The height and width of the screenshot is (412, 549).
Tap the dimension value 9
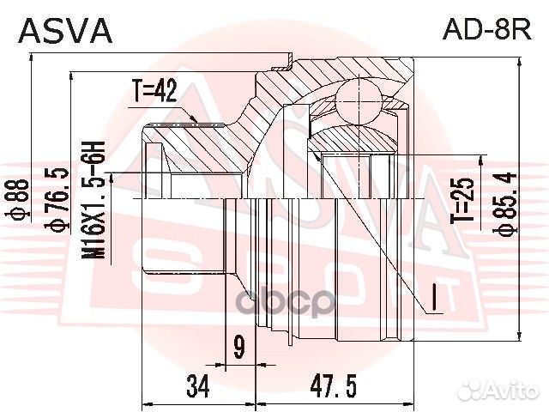coord(238,347)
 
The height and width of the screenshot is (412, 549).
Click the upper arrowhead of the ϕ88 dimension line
coord(32,58)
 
